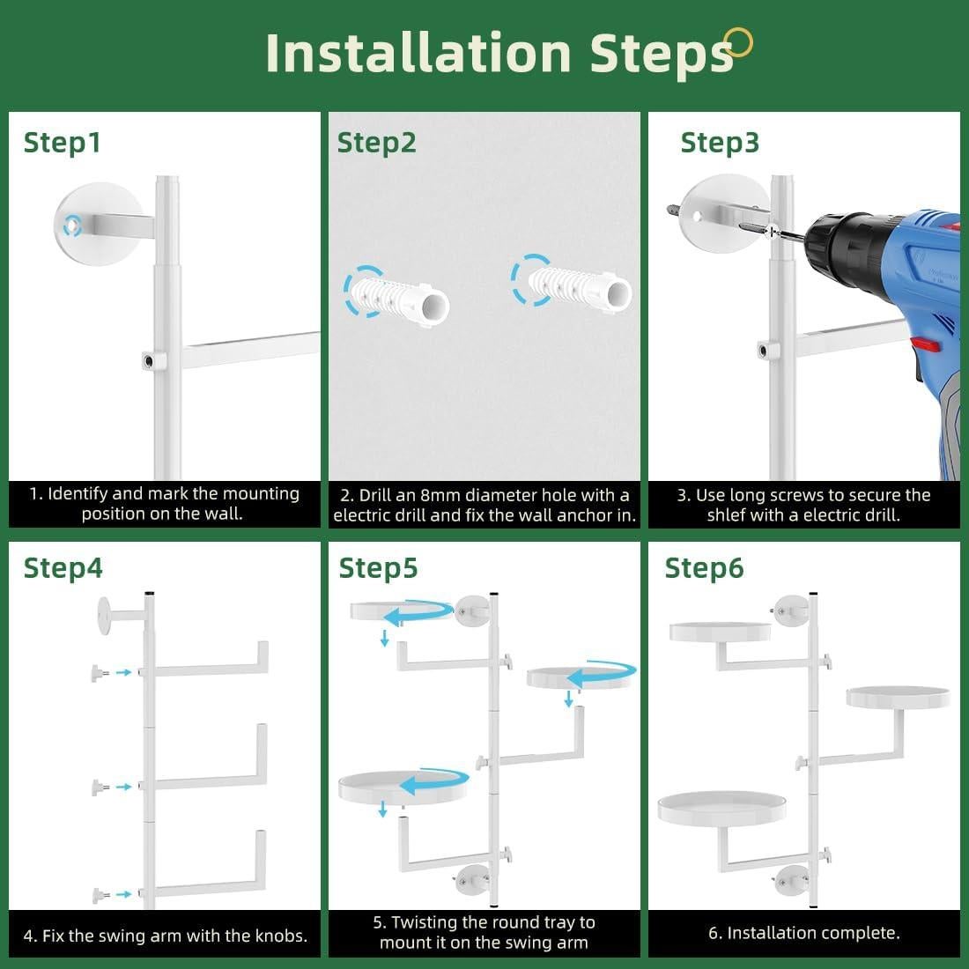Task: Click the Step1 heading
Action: coord(62,143)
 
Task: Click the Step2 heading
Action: coord(376,143)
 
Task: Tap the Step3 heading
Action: coord(720,143)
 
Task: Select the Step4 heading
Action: coord(63,568)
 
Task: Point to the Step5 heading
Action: coord(378,568)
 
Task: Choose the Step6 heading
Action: coord(704,568)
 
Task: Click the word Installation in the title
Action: coord(418,53)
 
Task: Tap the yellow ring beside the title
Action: coord(738,42)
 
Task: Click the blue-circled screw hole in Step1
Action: coord(72,226)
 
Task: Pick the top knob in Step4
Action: coord(100,672)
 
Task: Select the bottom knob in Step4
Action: coord(100,895)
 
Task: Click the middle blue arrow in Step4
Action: coord(123,787)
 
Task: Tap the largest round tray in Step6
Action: coord(721,807)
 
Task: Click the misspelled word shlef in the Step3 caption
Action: coord(727,514)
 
